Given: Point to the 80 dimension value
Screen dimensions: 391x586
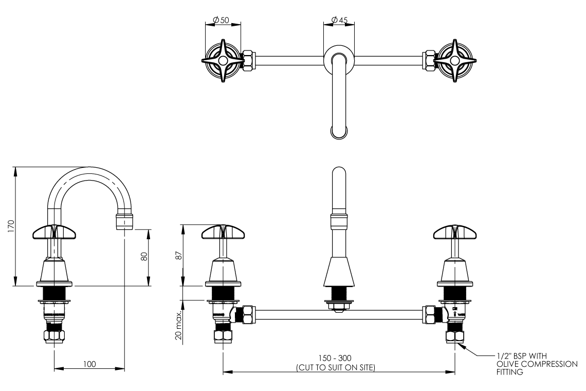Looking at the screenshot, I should tap(144, 256).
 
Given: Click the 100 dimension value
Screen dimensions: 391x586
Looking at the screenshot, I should tap(89, 364).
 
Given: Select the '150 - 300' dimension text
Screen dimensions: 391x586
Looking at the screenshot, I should tap(338, 358).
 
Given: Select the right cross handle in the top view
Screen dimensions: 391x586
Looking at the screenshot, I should tap(454, 61).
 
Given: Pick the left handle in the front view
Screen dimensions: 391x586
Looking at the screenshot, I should tap(223, 233).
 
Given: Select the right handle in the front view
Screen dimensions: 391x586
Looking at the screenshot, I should tap(454, 233).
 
